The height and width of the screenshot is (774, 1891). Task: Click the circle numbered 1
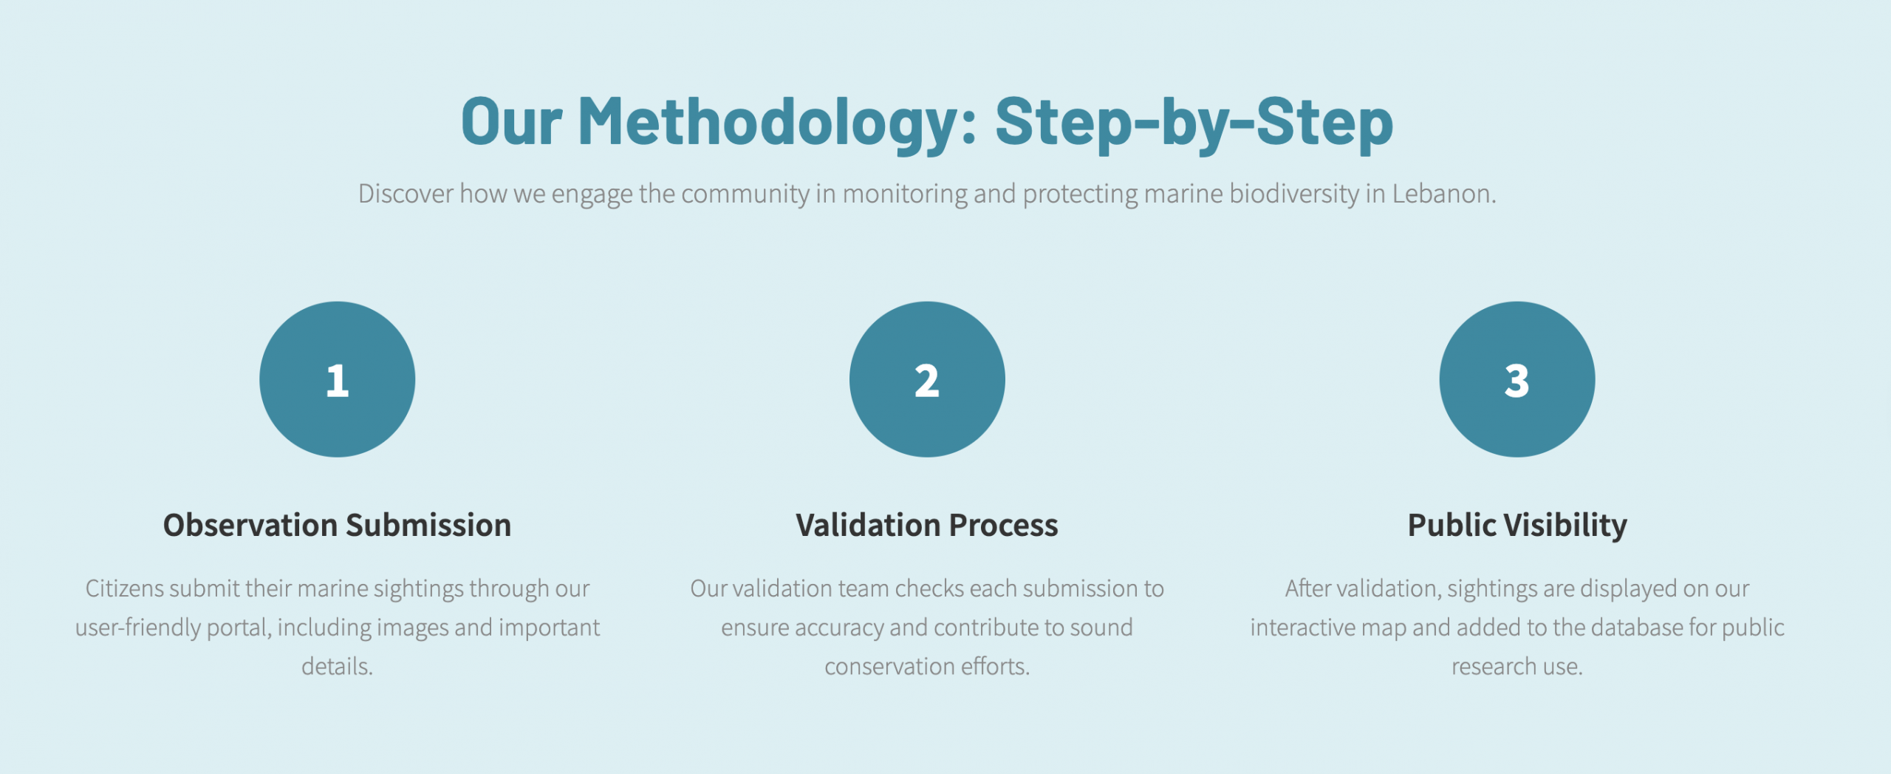point(337,379)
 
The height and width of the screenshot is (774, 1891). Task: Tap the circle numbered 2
point(927,379)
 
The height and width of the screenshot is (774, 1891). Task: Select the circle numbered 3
point(1517,379)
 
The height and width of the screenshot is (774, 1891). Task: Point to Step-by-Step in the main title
point(1194,123)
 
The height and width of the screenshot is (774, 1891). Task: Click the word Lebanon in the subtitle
point(1444,194)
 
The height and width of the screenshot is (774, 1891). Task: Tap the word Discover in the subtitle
point(406,194)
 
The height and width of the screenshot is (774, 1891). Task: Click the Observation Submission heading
point(337,525)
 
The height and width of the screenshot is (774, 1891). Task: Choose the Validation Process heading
point(927,525)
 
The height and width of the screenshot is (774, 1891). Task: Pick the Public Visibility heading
point(1517,526)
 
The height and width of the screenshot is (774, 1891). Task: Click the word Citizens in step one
point(124,588)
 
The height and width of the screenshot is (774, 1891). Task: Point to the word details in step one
point(337,666)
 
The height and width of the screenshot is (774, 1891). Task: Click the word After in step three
point(1308,588)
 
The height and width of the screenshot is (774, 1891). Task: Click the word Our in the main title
point(511,123)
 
